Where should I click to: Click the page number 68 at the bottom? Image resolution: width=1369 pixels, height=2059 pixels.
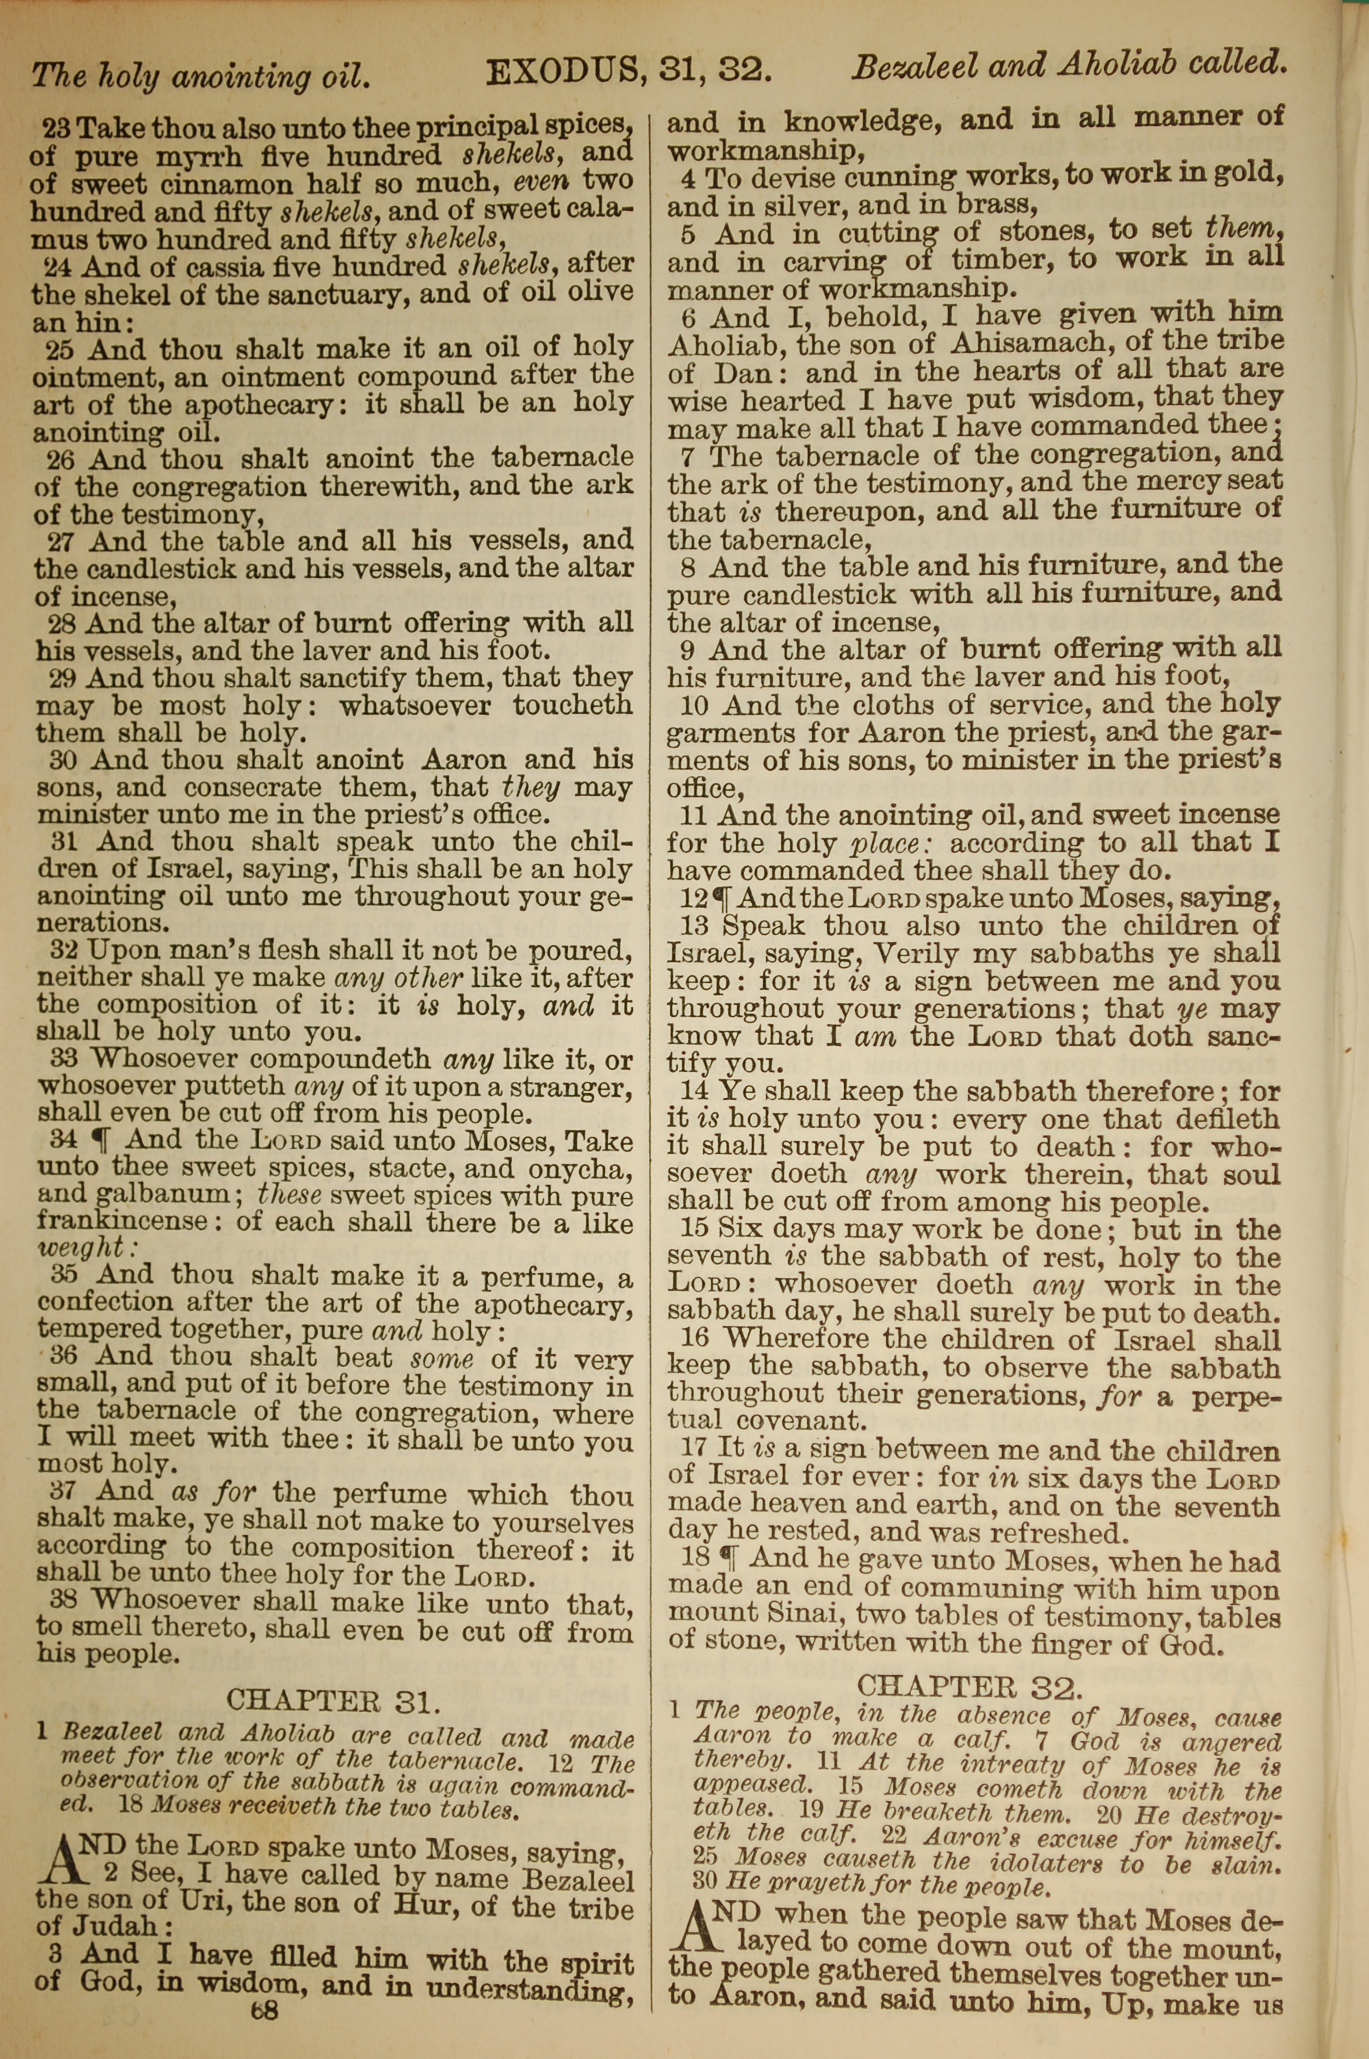264,2036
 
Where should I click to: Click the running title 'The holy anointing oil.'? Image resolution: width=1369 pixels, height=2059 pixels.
201,77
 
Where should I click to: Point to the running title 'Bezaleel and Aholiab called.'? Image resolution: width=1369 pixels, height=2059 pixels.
1069,66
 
